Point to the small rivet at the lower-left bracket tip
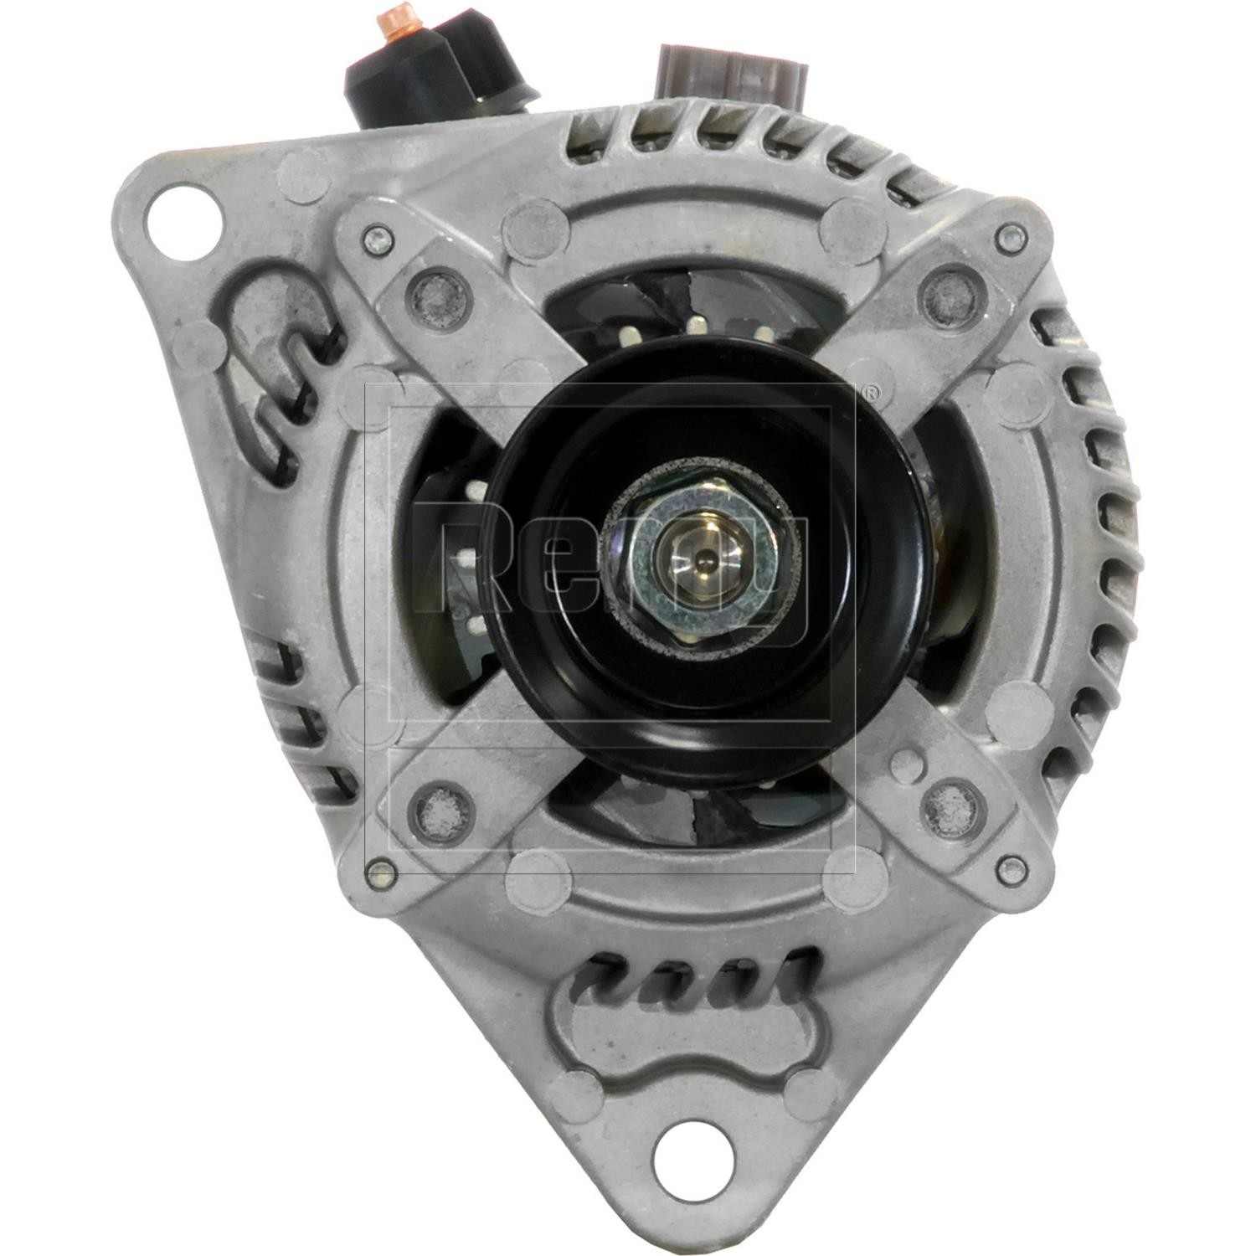tap(383, 868)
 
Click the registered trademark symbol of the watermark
tap(871, 391)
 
